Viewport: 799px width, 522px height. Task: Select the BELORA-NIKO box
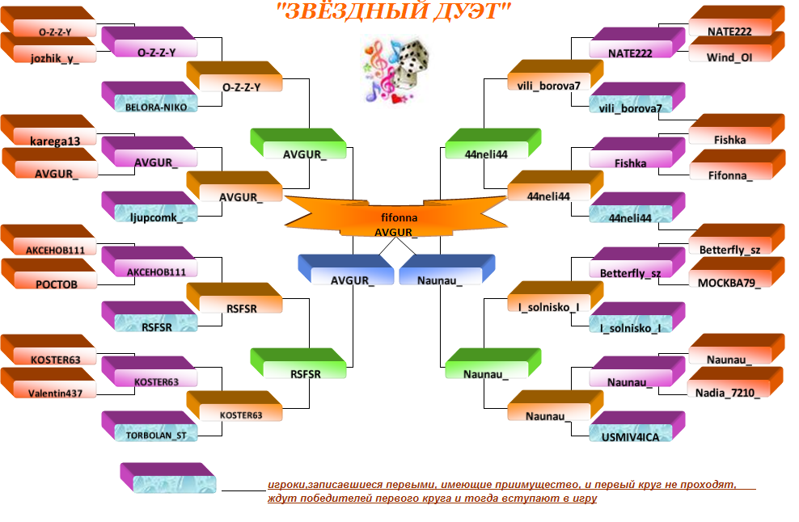(150, 97)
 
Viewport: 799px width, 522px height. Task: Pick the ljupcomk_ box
(150, 207)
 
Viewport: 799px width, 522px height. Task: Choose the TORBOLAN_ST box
(150, 427)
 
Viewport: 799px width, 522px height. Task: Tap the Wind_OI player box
(737, 47)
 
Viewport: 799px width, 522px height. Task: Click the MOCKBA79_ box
(737, 272)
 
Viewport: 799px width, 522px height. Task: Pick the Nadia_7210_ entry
(735, 382)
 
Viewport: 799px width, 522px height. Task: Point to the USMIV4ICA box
(637, 427)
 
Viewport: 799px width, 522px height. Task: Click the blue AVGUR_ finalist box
(346, 270)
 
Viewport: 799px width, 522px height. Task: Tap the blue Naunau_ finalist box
(447, 270)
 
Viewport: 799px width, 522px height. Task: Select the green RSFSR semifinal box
(298, 364)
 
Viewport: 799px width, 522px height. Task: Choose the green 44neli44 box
(493, 144)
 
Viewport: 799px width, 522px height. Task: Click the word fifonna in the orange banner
(399, 218)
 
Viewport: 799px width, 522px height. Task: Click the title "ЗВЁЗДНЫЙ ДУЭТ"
(393, 11)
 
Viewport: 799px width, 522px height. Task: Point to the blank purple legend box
(168, 478)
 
